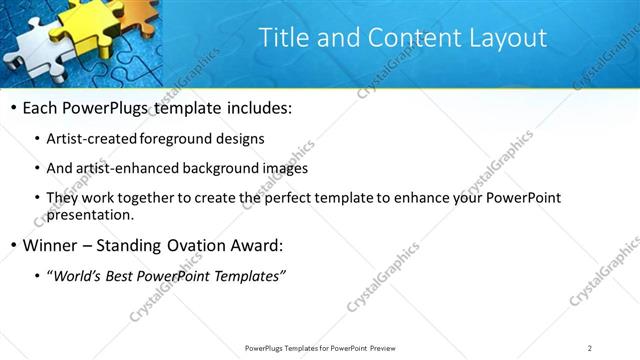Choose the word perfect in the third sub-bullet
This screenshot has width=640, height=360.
tap(292, 198)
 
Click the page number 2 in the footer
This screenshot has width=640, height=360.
tap(590, 347)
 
